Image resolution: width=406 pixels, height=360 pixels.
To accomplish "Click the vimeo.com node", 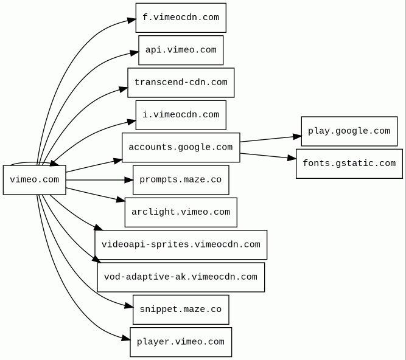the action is (35, 180).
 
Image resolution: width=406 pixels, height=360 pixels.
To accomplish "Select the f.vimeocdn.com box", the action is (181, 18).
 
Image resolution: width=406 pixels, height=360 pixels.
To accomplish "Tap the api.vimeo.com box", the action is (181, 50).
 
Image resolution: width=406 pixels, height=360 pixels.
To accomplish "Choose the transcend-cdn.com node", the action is (181, 83).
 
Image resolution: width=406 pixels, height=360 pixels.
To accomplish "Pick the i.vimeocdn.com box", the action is (181, 115).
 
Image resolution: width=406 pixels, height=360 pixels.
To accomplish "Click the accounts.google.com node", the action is (181, 148).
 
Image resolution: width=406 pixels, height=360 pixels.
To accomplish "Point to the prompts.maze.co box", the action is (181, 180).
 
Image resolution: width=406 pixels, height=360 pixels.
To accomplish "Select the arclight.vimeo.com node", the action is (181, 212).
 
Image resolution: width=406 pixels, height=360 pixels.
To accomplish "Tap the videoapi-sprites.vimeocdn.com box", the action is (181, 244).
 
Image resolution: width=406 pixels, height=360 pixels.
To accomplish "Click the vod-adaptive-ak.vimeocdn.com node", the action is (181, 277).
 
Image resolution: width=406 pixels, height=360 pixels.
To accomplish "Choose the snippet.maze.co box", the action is (181, 310).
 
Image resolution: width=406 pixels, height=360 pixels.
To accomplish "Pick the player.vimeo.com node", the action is (181, 342).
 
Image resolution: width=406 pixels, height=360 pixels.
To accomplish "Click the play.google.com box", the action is (349, 131).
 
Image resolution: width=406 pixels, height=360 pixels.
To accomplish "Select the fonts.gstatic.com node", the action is (349, 164).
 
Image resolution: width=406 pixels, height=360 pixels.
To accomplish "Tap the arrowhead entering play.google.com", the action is (297, 137).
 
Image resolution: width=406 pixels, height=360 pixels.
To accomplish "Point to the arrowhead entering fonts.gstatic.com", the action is (292, 157).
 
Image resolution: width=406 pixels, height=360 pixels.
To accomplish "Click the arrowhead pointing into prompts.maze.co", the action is (128, 180).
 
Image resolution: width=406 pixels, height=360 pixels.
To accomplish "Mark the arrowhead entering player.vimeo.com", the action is (126, 338).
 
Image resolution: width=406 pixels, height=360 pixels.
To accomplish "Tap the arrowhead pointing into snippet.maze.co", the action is (128, 306).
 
